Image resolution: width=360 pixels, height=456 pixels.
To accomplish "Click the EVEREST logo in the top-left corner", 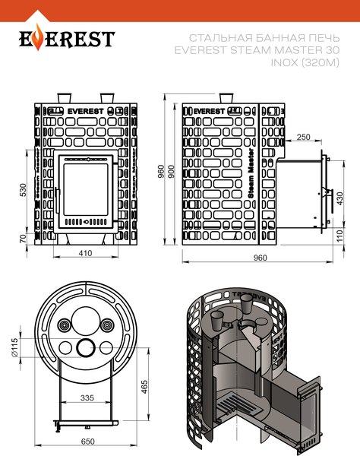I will coord(66,38).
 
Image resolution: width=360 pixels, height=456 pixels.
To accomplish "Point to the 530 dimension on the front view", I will coord(24,188).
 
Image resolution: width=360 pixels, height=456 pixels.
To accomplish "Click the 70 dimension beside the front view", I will coord(24,239).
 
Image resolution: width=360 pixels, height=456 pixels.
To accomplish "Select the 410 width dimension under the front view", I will coord(85,252).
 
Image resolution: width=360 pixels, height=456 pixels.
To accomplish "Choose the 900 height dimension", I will coord(172,173).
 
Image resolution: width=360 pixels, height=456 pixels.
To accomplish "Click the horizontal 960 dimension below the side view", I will coord(260,258).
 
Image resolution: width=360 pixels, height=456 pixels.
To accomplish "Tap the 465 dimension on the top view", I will coord(144,388).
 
